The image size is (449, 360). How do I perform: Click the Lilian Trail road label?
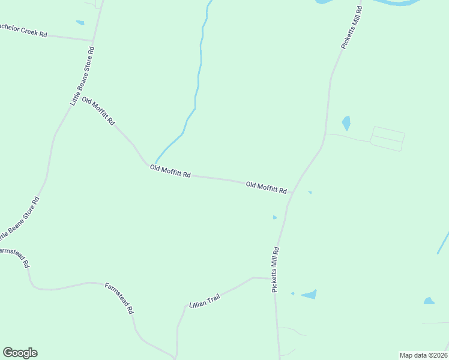coord(205,301)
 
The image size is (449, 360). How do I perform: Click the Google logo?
coord(20,353)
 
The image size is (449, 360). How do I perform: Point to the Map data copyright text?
coord(424,355)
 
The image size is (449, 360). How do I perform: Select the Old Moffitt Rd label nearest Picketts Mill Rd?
coord(266,187)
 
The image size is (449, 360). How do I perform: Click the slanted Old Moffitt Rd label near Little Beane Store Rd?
coord(98,110)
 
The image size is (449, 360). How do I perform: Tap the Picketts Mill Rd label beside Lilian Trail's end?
coord(276,269)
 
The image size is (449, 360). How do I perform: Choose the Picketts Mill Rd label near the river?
coord(351,28)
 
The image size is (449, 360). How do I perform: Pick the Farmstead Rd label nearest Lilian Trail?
coord(119,299)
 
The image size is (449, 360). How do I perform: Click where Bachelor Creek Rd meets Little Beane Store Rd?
coord(93,41)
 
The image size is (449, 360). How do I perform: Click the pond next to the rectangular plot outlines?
coord(346,123)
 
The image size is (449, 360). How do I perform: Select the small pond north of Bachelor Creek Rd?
coord(80,23)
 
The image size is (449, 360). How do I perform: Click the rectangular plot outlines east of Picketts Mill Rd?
coord(387,139)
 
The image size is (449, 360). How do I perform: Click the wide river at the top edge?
coord(396,2)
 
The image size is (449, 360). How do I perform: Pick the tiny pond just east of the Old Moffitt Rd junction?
coord(310,193)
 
